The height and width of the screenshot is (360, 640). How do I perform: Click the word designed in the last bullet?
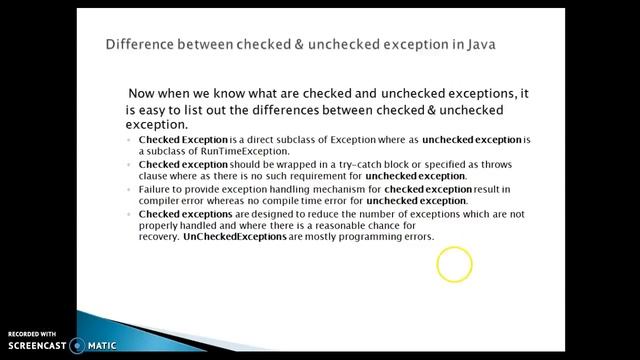pyautogui.click(x=259, y=213)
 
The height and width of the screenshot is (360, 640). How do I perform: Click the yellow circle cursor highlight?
pyautogui.click(x=454, y=265)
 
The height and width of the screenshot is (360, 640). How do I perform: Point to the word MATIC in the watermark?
pyautogui.click(x=100, y=346)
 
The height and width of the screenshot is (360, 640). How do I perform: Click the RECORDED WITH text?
pyautogui.click(x=32, y=333)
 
